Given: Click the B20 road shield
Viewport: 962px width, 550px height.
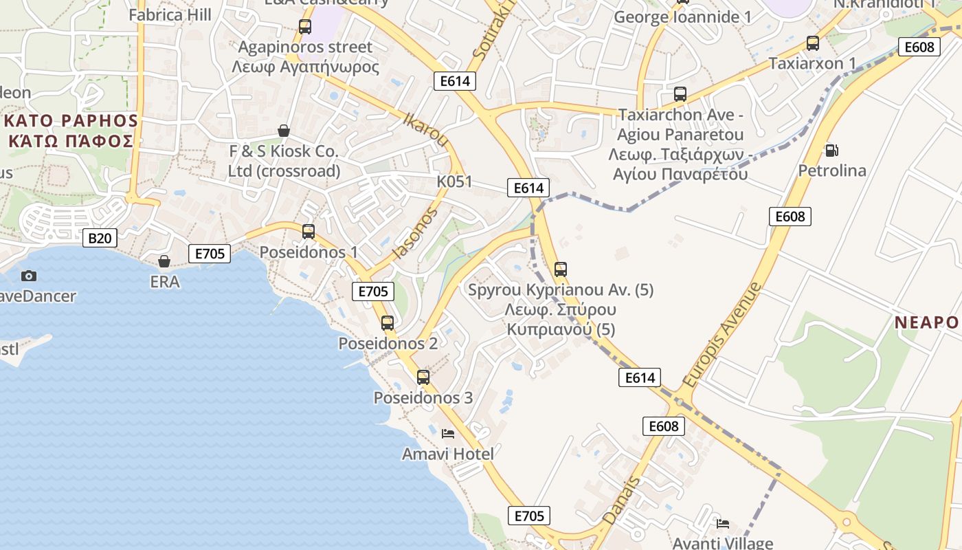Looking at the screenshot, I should [x=100, y=239].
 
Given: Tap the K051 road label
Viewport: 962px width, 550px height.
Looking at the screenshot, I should [x=455, y=181].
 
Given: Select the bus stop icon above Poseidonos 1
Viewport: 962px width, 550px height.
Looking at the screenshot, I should [x=309, y=232].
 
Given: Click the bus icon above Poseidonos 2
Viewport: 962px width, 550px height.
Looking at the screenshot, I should [x=388, y=322].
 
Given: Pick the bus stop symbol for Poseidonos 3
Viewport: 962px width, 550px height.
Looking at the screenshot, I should [x=423, y=377].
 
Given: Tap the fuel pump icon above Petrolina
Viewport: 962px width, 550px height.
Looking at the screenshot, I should [x=831, y=150].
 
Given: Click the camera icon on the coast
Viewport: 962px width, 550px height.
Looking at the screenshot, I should [x=29, y=276].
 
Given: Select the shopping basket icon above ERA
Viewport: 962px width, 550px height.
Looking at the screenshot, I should [x=164, y=261].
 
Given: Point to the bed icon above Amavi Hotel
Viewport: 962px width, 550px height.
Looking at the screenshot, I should [x=448, y=433].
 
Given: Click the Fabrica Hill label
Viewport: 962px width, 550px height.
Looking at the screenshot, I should [x=170, y=14].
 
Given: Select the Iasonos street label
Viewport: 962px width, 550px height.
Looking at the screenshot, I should [x=414, y=234].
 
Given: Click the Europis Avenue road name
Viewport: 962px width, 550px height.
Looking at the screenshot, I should [x=722, y=334].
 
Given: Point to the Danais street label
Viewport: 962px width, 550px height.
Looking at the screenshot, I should [x=621, y=501].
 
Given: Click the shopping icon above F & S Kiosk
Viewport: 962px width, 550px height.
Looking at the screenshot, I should [x=284, y=131].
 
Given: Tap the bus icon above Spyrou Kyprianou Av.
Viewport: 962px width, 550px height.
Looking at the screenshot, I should [x=561, y=269].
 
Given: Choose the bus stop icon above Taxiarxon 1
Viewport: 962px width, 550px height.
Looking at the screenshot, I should [x=813, y=43].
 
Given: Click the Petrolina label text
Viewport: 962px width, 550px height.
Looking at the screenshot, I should [x=832, y=170].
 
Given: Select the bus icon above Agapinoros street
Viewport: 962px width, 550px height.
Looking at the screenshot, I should [x=305, y=27].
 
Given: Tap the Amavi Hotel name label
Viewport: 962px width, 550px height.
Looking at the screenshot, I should [x=448, y=454].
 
